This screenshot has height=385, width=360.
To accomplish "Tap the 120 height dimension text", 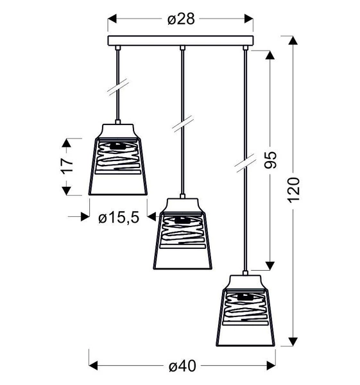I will (295, 190).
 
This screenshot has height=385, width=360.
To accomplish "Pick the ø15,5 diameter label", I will (119, 218).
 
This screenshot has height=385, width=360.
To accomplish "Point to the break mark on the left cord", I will (119, 86).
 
